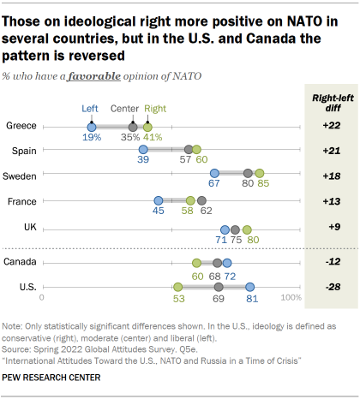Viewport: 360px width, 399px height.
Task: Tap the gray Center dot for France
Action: coord(202,202)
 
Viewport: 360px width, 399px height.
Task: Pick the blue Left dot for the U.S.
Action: coord(250,287)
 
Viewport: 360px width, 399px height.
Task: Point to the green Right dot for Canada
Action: coord(196,263)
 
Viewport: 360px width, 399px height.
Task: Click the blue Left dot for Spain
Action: coord(143,150)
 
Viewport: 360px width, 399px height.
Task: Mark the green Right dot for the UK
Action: coord(247,229)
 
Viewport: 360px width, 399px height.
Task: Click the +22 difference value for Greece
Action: coord(332,126)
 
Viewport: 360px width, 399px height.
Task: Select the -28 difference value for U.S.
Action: coord(332,287)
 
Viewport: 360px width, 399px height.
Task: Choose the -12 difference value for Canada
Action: coord(332,262)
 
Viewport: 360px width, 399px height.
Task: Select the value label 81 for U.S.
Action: coord(251,301)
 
